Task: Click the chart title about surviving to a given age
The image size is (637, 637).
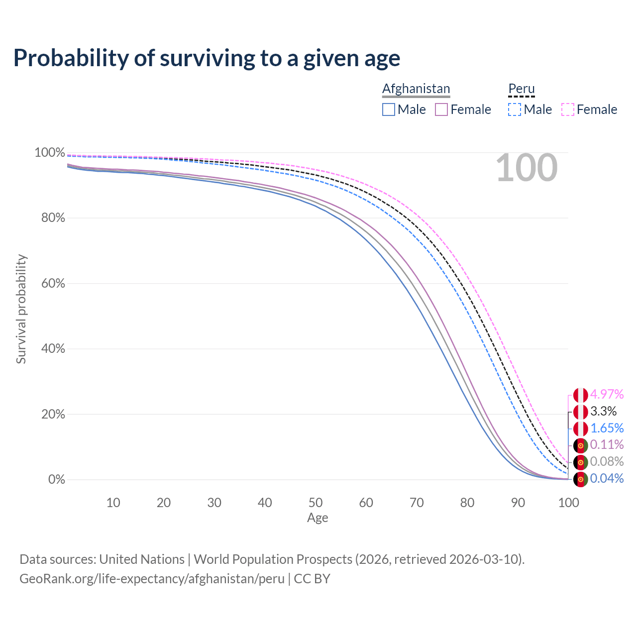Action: click(207, 58)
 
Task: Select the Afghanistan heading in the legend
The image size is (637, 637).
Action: click(416, 89)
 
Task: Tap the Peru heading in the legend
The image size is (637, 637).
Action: click(522, 88)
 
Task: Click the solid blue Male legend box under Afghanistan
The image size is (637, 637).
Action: click(388, 109)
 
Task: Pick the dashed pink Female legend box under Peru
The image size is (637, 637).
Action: click(568, 109)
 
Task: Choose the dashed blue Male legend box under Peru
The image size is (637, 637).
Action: click(515, 109)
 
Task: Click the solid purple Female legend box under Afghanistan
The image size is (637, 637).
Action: click(441, 109)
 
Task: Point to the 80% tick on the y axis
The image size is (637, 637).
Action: click(53, 218)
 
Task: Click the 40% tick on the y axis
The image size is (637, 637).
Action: click(53, 348)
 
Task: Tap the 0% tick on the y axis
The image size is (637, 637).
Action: click(57, 479)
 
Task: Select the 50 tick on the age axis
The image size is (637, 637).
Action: click(316, 503)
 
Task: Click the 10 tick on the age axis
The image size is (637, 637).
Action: click(113, 503)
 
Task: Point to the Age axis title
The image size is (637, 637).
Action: click(318, 518)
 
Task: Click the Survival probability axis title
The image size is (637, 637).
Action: click(21, 309)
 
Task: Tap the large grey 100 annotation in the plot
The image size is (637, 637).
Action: click(527, 168)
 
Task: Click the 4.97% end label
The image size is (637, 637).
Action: click(607, 394)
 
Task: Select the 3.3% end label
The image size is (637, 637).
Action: click(603, 411)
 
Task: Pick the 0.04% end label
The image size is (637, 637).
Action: click(607, 478)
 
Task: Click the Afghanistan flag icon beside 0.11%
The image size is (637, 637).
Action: click(580, 445)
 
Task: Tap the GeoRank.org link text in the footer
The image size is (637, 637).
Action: click(152, 579)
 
